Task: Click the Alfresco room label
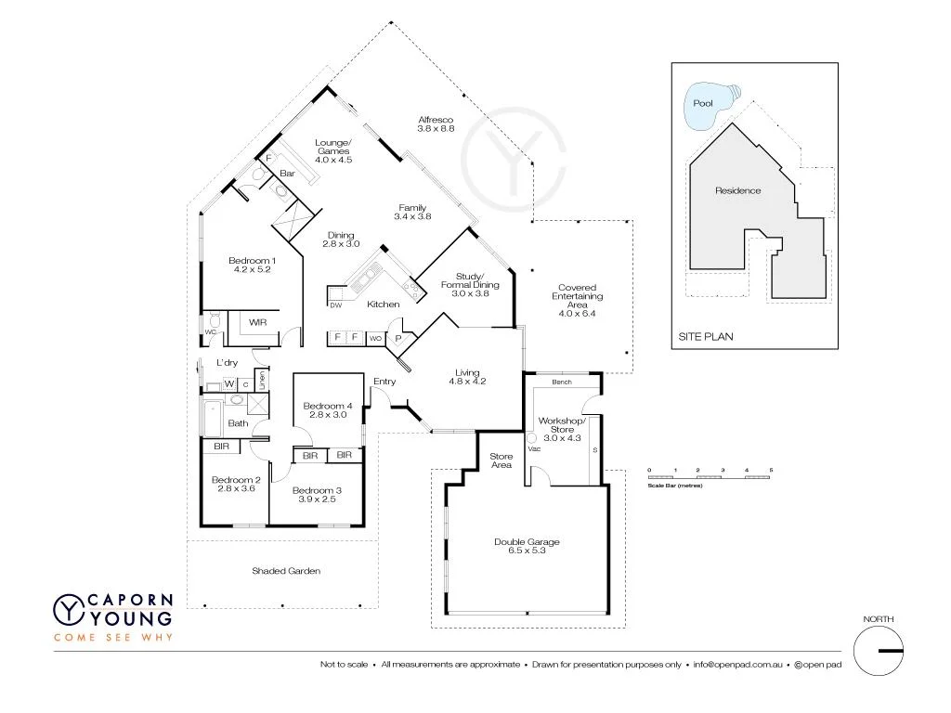435,123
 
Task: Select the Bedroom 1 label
252,265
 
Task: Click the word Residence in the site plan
737,190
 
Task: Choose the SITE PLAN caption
705,337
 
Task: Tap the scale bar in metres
710,476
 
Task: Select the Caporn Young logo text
129,609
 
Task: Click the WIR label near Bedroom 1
258,322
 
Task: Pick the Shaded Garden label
286,571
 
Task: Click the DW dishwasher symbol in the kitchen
334,304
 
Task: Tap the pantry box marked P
398,339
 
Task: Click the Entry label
384,382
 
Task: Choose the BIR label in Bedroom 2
221,447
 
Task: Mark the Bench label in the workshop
561,382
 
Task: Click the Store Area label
502,460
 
